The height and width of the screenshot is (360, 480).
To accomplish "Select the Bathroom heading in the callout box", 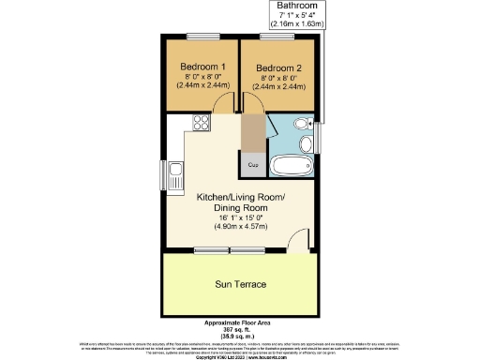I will pyautogui.click(x=291, y=7).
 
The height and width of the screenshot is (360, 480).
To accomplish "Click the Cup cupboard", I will pyautogui.click(x=253, y=165).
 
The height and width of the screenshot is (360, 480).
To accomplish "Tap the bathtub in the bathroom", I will pyautogui.click(x=291, y=167).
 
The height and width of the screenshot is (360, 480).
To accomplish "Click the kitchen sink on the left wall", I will pyautogui.click(x=175, y=175).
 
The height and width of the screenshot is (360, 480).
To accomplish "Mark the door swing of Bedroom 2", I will pyautogui.click(x=253, y=105).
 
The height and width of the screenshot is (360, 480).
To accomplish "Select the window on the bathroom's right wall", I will pyautogui.click(x=317, y=137).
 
